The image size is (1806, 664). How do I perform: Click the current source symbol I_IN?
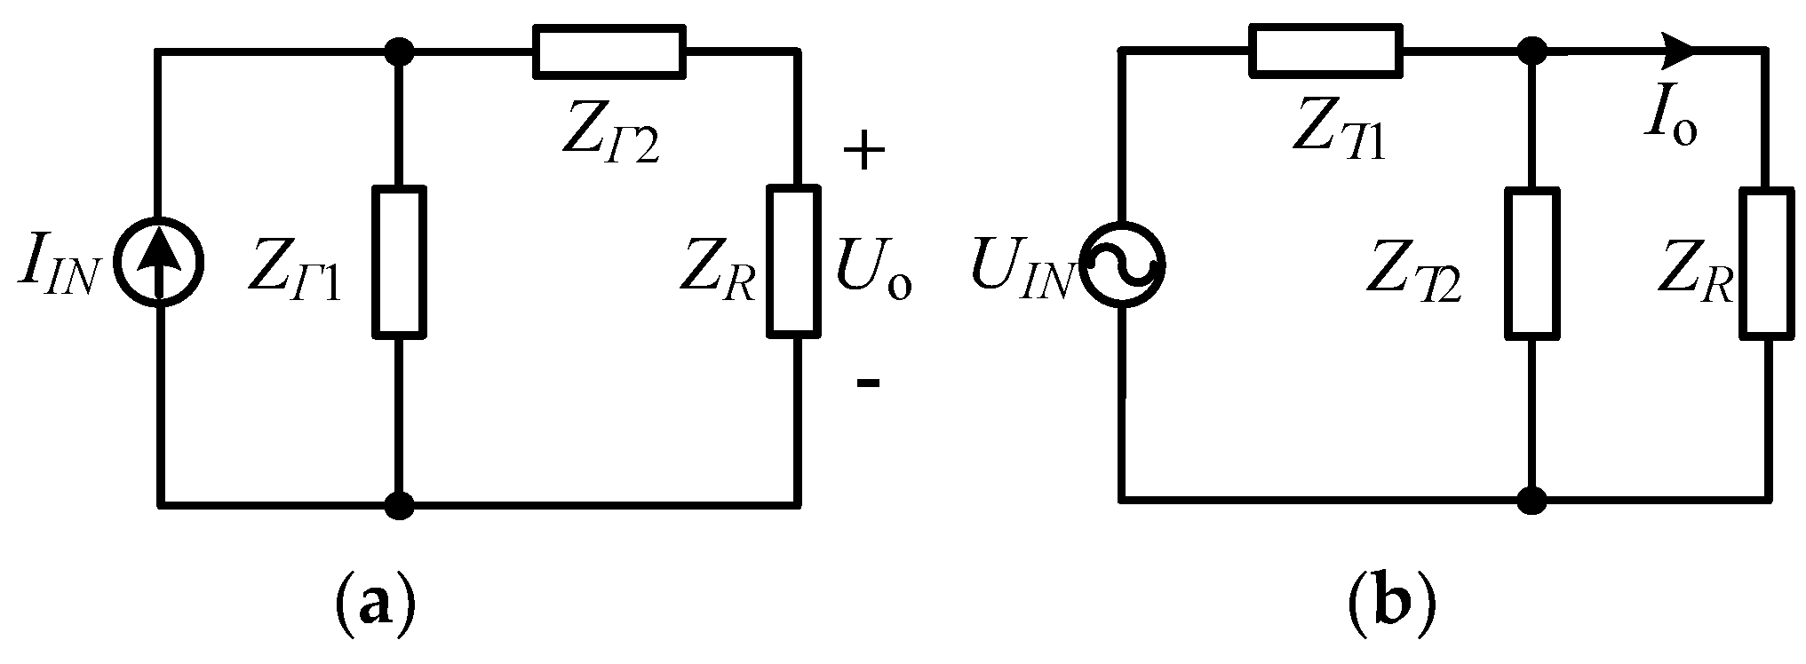161,264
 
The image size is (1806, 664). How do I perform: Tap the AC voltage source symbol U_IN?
1122,264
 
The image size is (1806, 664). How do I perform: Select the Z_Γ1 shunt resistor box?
399,262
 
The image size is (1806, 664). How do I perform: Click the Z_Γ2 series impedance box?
609,51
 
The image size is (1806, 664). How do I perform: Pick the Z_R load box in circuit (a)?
793,261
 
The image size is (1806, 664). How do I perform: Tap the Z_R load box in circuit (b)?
1765,264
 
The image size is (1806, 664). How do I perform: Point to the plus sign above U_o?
863,152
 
